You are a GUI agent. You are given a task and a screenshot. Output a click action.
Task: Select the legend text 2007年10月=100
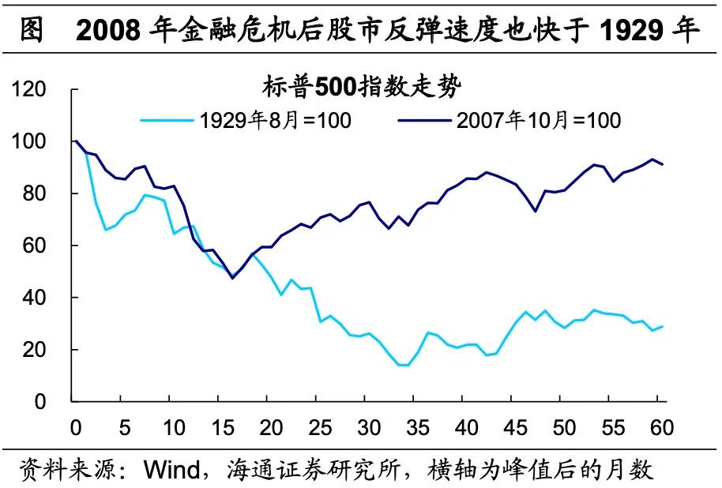(x=538, y=120)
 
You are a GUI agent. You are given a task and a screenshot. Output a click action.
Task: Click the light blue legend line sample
(x=167, y=120)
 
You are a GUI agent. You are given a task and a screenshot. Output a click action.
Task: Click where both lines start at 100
(x=76, y=141)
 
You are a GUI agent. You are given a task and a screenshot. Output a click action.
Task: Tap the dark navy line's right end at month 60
(x=662, y=164)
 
